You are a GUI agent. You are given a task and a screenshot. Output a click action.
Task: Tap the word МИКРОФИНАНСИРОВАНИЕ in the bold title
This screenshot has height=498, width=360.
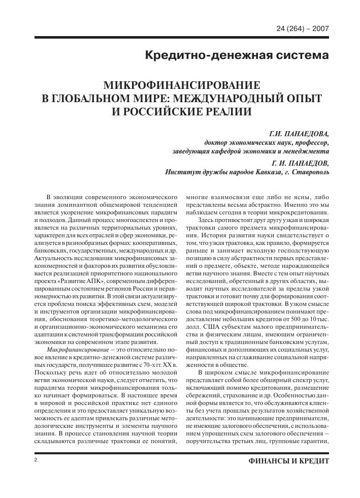click(x=180, y=84)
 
